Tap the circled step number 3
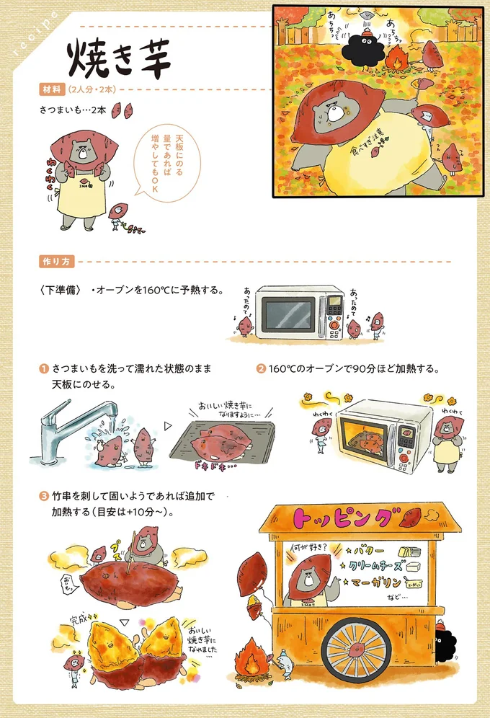(x=44, y=497)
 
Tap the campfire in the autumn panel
(x=394, y=61)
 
